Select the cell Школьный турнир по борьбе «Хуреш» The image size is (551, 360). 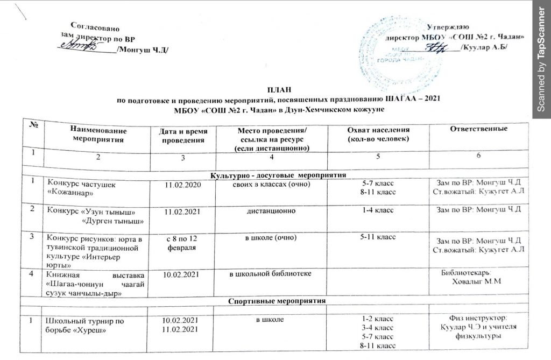[86, 324]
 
